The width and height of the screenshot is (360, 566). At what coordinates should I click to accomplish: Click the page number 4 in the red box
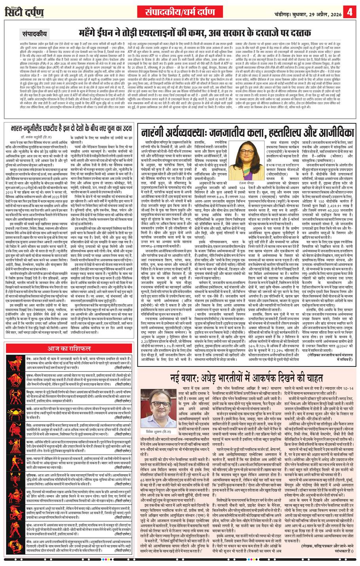click(x=350, y=11)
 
